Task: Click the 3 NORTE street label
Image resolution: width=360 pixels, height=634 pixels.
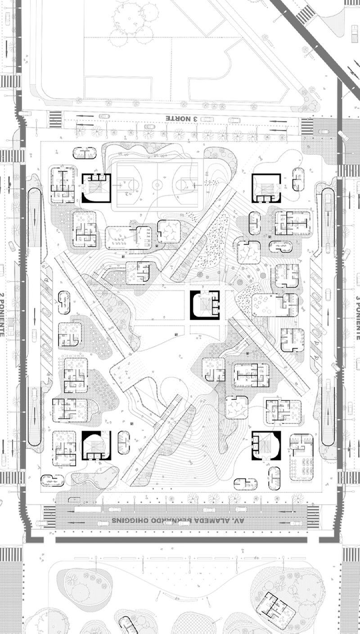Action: pos(182,118)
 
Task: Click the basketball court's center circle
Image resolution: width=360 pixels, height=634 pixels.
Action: pos(157,184)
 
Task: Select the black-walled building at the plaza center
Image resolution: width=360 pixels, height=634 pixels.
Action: pos(205,305)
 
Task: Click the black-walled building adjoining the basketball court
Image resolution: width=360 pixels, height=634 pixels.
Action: pos(96,188)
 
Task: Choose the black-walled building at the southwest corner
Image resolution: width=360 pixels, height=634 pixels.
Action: pos(96,445)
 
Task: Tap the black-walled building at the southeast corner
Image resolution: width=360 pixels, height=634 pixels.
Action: pos(266,446)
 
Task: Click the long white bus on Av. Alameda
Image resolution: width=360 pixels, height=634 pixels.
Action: pos(88,509)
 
